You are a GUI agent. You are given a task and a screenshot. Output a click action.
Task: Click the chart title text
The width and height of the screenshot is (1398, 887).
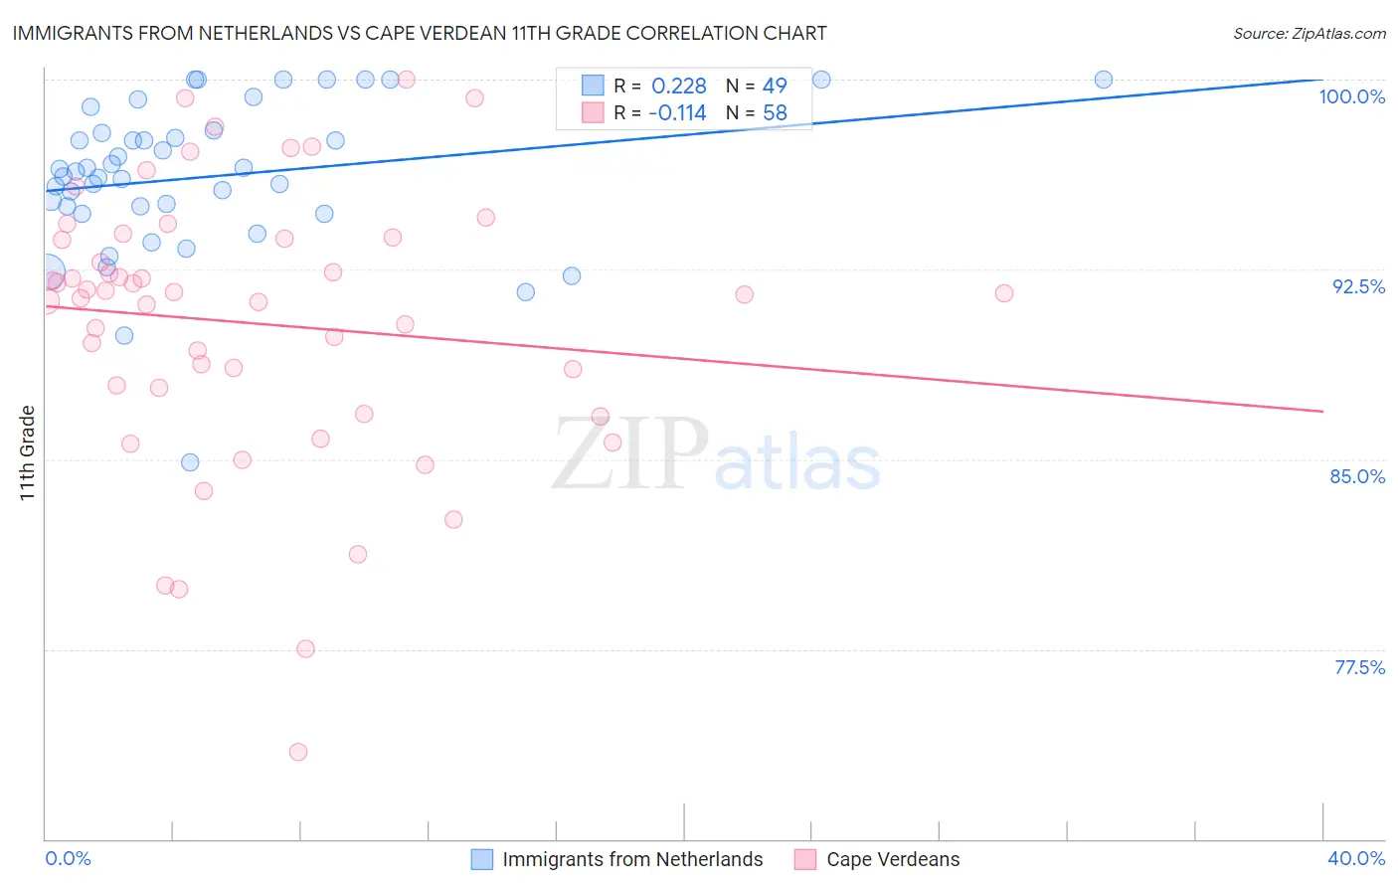click(x=420, y=33)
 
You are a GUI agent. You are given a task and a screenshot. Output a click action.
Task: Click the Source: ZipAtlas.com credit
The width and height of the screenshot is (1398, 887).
click(x=1309, y=33)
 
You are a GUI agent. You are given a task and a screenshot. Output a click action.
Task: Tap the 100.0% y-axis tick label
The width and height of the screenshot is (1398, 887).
click(x=1351, y=96)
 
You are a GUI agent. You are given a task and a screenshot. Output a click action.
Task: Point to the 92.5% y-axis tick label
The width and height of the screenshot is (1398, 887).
click(x=1358, y=286)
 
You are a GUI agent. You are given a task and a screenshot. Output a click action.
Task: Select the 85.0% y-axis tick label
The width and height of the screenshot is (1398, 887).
click(x=1357, y=476)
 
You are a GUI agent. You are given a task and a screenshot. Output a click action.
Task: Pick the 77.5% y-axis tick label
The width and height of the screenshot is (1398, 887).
click(x=1359, y=667)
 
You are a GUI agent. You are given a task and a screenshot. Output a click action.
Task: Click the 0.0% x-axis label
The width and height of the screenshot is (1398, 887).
click(x=68, y=858)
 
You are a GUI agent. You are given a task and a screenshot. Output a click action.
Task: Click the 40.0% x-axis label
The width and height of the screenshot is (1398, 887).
click(x=1355, y=858)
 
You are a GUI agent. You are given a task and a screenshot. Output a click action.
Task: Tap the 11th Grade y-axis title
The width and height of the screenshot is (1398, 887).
click(x=27, y=452)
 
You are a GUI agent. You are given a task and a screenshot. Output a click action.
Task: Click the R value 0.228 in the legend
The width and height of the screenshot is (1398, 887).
click(x=679, y=87)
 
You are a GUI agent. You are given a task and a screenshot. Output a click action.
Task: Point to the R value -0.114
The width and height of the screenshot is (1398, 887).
click(x=677, y=113)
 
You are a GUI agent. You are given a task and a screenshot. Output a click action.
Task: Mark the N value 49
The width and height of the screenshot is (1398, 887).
click(x=775, y=87)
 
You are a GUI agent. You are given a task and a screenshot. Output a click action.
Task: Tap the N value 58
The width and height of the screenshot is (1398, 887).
click(x=775, y=113)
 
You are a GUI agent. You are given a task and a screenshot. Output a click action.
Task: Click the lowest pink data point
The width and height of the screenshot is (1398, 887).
click(x=298, y=752)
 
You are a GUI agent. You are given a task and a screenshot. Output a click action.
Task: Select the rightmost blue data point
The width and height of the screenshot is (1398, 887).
click(x=1104, y=80)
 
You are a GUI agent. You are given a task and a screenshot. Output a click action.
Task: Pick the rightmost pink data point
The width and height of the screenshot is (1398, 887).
click(x=1004, y=293)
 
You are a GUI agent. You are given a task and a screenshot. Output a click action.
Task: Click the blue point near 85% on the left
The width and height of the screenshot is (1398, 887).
click(x=190, y=462)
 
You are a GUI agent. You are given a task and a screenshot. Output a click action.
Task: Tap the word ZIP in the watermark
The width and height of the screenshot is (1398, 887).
click(x=630, y=454)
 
